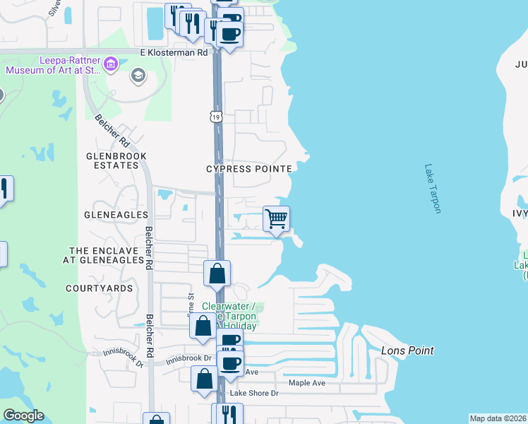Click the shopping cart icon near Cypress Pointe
pyautogui.click(x=276, y=218)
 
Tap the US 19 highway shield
pyautogui.click(x=215, y=116)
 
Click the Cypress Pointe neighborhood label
pyautogui.click(x=248, y=169)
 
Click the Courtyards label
pyautogui.click(x=100, y=288)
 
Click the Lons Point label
pyautogui.click(x=407, y=351)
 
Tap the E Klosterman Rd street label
pyautogui.click(x=174, y=52)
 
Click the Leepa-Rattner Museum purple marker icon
pyautogui.click(x=110, y=65)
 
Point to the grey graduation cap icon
pyautogui.click(x=138, y=75)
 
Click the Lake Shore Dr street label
pyautogui.click(x=255, y=393)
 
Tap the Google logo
pyautogui.click(x=23, y=416)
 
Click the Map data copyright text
pyautogui.click(x=498, y=418)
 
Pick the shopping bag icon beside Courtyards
pyautogui.click(x=217, y=273)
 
